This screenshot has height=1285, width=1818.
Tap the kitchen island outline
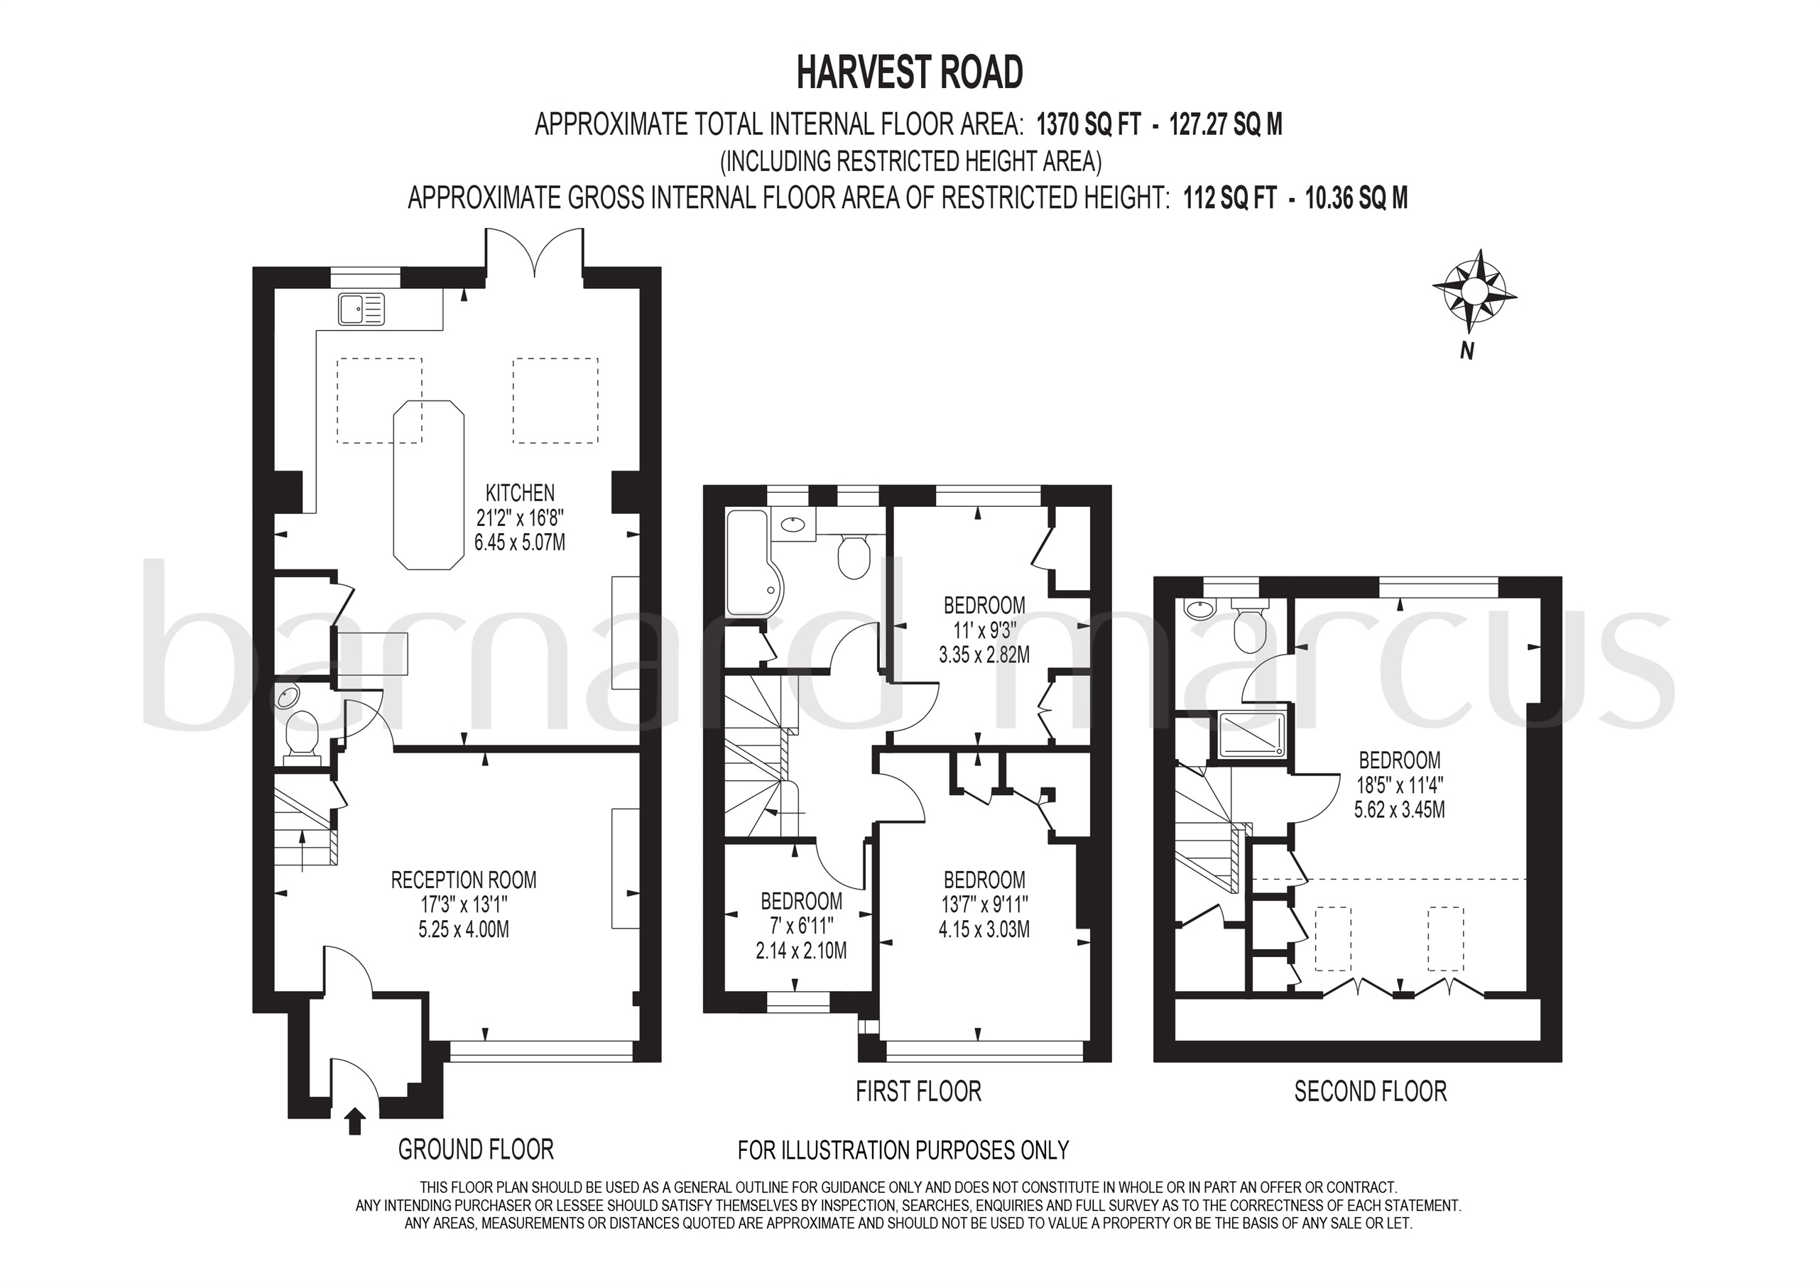tap(428, 485)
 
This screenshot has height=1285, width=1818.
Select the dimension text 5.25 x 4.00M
tap(464, 929)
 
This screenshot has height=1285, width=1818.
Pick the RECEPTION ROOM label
tap(464, 880)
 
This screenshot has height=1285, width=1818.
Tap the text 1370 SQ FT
tap(1089, 124)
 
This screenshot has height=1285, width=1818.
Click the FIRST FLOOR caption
tap(918, 1091)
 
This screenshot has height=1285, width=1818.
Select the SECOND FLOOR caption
tap(1370, 1091)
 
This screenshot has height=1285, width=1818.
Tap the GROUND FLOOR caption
tap(475, 1149)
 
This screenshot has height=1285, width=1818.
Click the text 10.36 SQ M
tap(1356, 197)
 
